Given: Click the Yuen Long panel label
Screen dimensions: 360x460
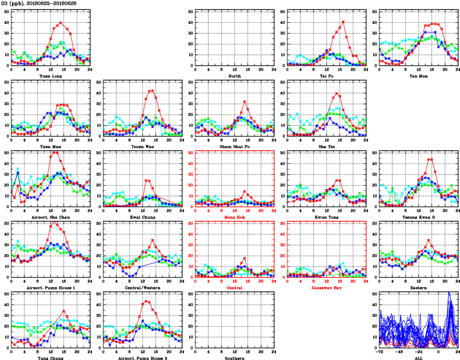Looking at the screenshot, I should pos(51,76).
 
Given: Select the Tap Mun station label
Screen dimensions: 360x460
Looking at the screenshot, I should pos(419,76).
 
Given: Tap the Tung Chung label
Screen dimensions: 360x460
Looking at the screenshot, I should pos(51,358).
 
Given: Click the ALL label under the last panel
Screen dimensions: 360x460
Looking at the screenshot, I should pos(419,358).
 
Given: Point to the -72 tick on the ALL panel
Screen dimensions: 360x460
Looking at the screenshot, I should pos(380,351).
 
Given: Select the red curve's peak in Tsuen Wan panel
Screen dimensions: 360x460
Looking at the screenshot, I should pos(152,91).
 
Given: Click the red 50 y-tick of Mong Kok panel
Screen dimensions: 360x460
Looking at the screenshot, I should pos(191,153).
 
